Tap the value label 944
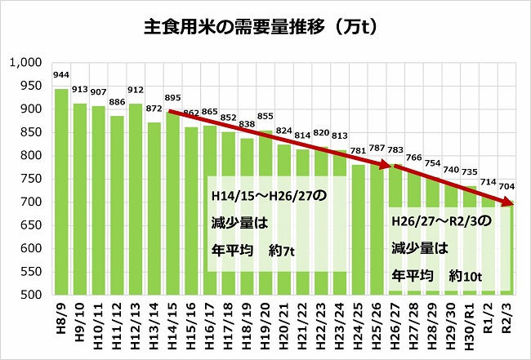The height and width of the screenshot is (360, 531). click(60, 75)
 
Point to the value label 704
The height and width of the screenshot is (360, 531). click(507, 186)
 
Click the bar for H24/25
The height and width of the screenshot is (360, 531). click(358, 229)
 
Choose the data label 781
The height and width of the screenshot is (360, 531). click(358, 150)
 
